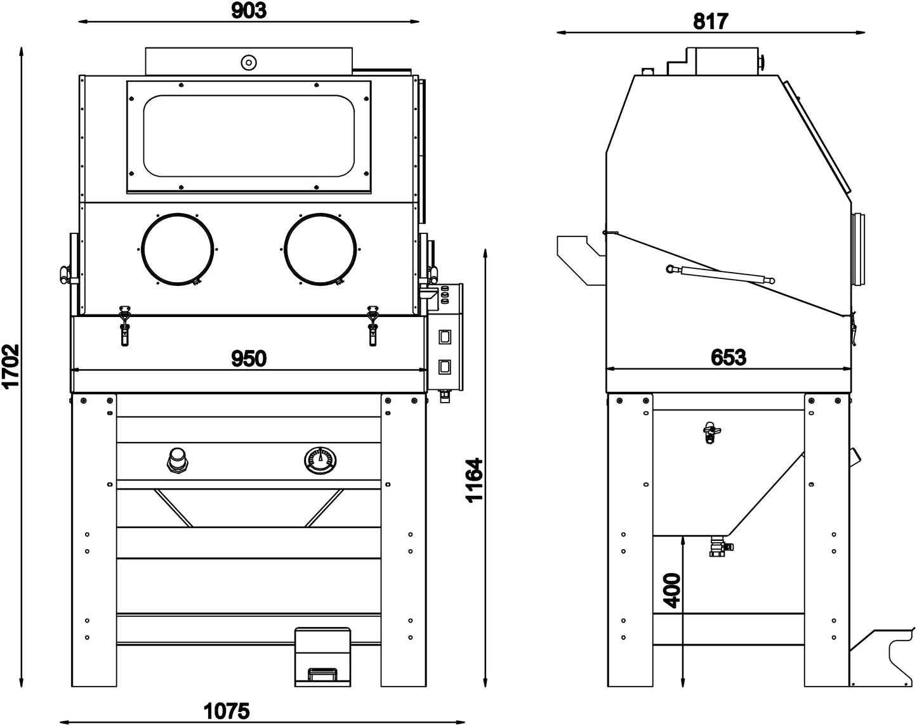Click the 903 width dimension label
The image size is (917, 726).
pyautogui.click(x=249, y=10)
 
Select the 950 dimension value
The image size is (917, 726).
pyautogui.click(x=248, y=358)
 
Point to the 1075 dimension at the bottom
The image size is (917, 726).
pyautogui.click(x=227, y=711)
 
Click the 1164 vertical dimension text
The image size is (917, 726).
pyautogui.click(x=474, y=480)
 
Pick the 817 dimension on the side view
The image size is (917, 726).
pyautogui.click(x=710, y=22)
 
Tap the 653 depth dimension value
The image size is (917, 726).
pyautogui.click(x=728, y=358)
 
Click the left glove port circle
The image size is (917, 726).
pyautogui.click(x=176, y=249)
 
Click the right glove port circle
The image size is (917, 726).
pyautogui.click(x=319, y=249)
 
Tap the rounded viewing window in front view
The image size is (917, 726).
pyautogui.click(x=248, y=136)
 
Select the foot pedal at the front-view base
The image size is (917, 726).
pyautogui.click(x=322, y=656)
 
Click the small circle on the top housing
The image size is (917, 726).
pyautogui.click(x=248, y=62)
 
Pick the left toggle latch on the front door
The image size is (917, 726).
pyautogui.click(x=125, y=324)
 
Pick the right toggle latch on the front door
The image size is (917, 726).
pyautogui.click(x=373, y=324)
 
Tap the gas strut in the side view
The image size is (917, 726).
pyautogui.click(x=720, y=274)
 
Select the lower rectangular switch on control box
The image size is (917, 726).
pyautogui.click(x=445, y=366)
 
